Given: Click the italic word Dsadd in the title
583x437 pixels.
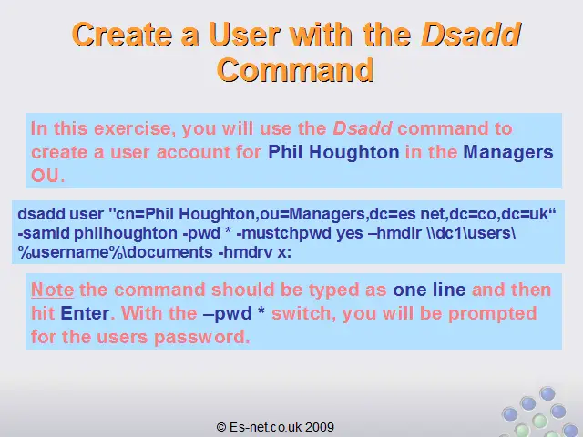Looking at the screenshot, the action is click(x=472, y=35).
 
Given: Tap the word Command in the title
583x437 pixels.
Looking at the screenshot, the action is click(x=295, y=70).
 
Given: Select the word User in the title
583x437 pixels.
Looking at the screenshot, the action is click(x=244, y=35).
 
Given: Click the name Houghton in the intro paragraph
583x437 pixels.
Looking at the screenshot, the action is click(x=354, y=152).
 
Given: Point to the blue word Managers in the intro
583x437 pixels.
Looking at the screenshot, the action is click(x=508, y=152).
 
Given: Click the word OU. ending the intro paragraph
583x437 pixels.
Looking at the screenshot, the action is click(x=48, y=176).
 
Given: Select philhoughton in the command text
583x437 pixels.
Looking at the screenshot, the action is click(x=126, y=233).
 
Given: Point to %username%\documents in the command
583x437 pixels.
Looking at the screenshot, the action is click(x=116, y=252).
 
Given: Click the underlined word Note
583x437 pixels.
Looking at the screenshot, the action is click(x=53, y=290).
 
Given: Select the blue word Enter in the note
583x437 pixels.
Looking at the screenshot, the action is click(x=85, y=313).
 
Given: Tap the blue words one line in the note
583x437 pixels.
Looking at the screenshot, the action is click(x=429, y=290).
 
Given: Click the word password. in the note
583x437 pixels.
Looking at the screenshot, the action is click(x=201, y=338).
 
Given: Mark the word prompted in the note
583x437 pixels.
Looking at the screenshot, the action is click(x=493, y=313).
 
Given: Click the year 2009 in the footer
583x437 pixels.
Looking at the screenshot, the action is click(x=320, y=427).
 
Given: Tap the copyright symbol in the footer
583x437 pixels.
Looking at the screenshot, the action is click(x=221, y=427).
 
